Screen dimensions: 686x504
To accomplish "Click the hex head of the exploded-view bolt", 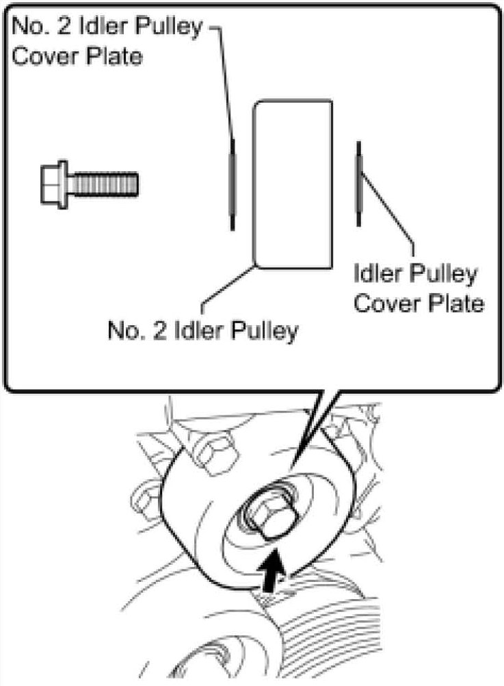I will pos(54,183).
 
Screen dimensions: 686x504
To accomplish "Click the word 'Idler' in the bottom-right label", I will pos(379,275).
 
